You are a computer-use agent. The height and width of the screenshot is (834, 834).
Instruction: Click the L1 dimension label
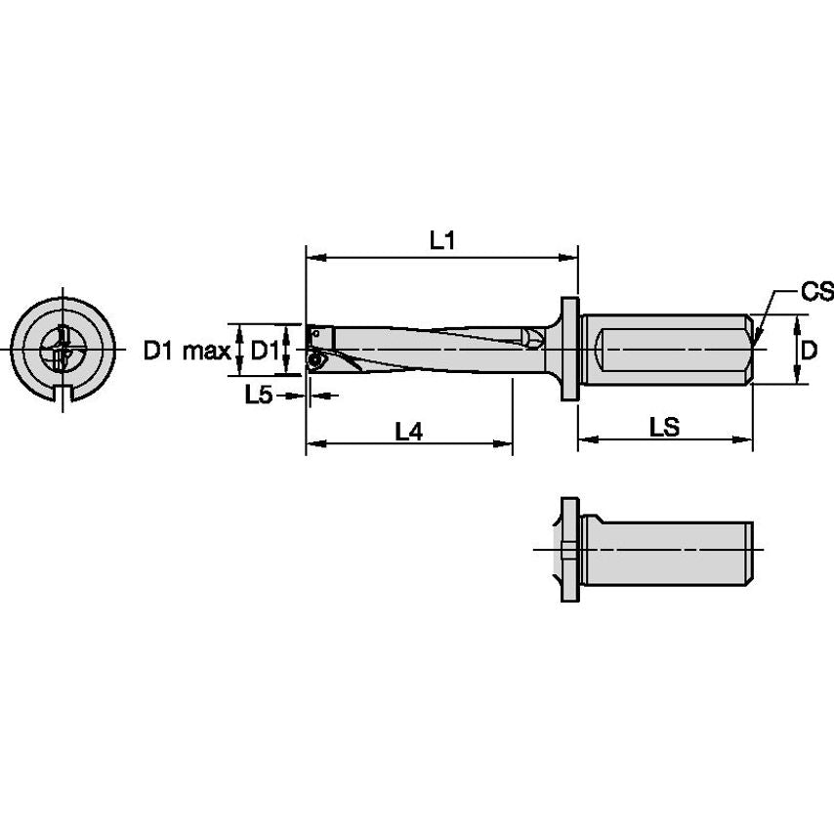coord(442,240)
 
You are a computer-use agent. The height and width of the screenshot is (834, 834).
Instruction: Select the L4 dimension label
coord(408,430)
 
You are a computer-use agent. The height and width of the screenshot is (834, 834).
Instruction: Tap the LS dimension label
coord(665,427)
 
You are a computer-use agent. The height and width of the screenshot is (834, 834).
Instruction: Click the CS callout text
coord(815,291)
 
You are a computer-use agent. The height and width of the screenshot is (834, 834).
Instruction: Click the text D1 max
coord(187,350)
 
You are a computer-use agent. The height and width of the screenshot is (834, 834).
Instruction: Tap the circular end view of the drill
coord(63,350)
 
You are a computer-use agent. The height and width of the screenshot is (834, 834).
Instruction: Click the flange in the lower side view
coord(569,551)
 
